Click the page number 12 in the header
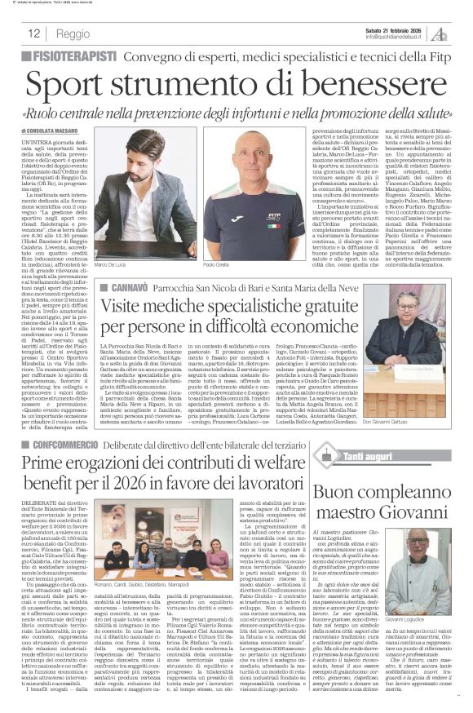[34, 33]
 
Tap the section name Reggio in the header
[73, 33]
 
